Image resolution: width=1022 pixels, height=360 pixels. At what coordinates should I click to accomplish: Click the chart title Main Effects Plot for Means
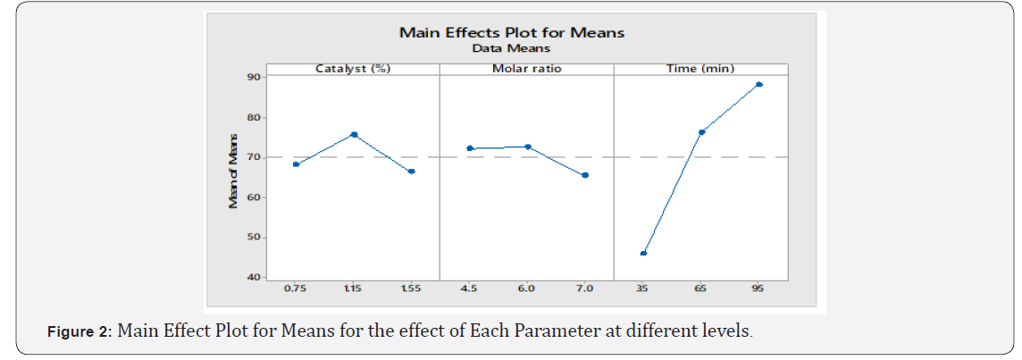pos(511,33)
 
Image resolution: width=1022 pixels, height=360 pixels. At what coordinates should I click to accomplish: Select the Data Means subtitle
pos(511,48)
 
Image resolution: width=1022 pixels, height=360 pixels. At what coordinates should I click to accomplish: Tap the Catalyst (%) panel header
pos(353,69)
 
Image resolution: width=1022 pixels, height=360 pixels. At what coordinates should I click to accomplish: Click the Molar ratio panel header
pos(527,69)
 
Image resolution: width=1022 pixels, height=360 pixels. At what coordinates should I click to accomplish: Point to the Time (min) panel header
pos(700,69)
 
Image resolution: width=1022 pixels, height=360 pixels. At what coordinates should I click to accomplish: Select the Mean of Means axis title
pos(233,170)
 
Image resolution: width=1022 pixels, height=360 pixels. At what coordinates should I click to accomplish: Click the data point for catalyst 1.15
pos(354,135)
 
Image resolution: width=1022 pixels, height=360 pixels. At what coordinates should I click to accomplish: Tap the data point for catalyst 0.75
pos(296,164)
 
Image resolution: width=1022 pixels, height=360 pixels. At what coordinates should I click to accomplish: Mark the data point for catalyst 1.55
pos(411,172)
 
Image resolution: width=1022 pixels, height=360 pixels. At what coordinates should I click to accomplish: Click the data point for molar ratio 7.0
pos(585,175)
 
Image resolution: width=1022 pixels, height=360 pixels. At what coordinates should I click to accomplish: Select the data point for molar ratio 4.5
pos(470,148)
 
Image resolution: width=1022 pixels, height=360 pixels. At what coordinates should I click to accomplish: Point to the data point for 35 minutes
pos(643,254)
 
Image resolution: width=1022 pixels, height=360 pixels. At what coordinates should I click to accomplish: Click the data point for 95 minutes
pos(758,85)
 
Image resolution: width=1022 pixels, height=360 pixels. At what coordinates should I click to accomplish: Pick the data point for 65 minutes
pos(701,132)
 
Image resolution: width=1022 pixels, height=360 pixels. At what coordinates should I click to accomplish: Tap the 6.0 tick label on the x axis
pos(527,289)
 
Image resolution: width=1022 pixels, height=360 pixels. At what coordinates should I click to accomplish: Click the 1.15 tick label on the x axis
pos(354,289)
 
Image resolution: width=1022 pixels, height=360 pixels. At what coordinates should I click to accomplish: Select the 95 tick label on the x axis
pos(758,289)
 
